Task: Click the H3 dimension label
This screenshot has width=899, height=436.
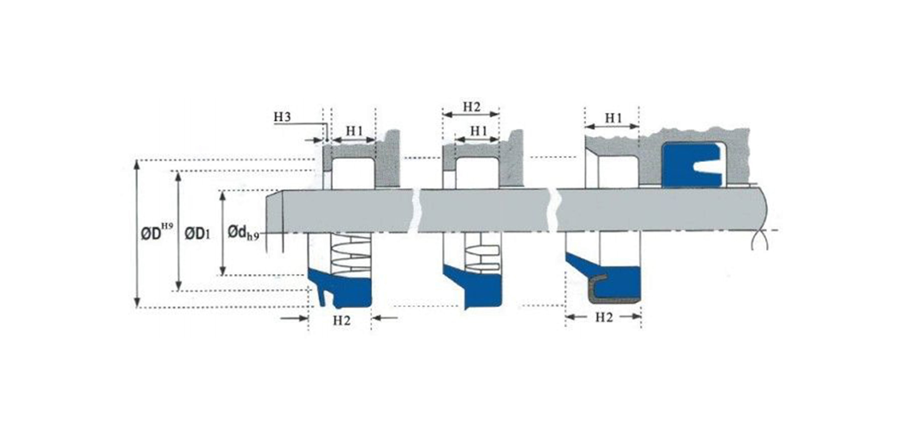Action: click(282, 117)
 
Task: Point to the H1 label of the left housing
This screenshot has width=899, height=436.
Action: click(354, 131)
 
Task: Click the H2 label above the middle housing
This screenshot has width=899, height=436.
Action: click(471, 107)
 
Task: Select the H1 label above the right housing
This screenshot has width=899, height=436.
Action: click(613, 118)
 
